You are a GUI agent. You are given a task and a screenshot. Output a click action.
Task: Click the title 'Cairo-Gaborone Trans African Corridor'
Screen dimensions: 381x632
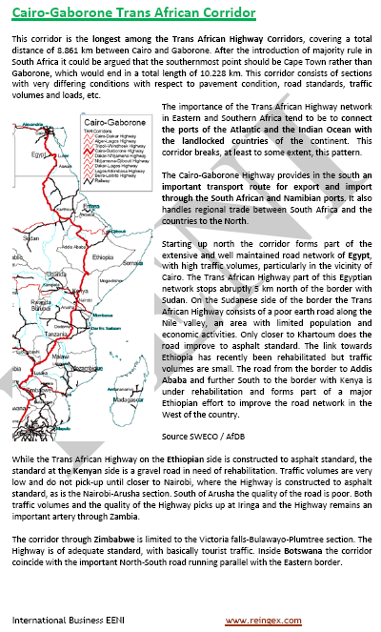132,12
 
